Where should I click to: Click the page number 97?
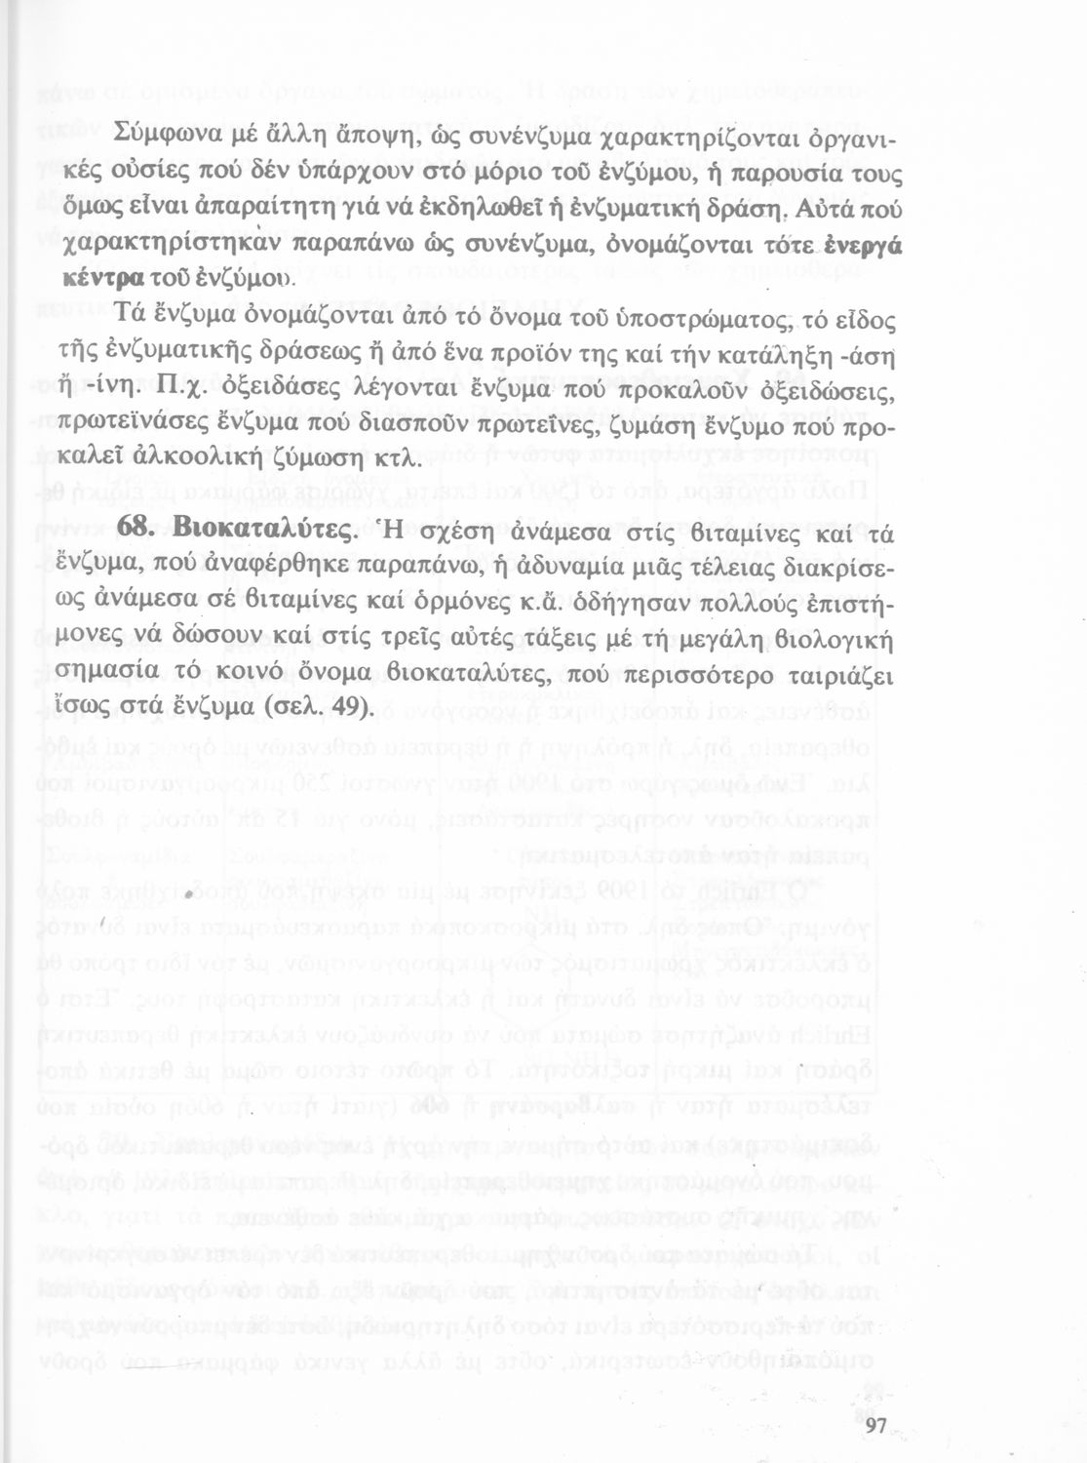(873, 1425)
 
